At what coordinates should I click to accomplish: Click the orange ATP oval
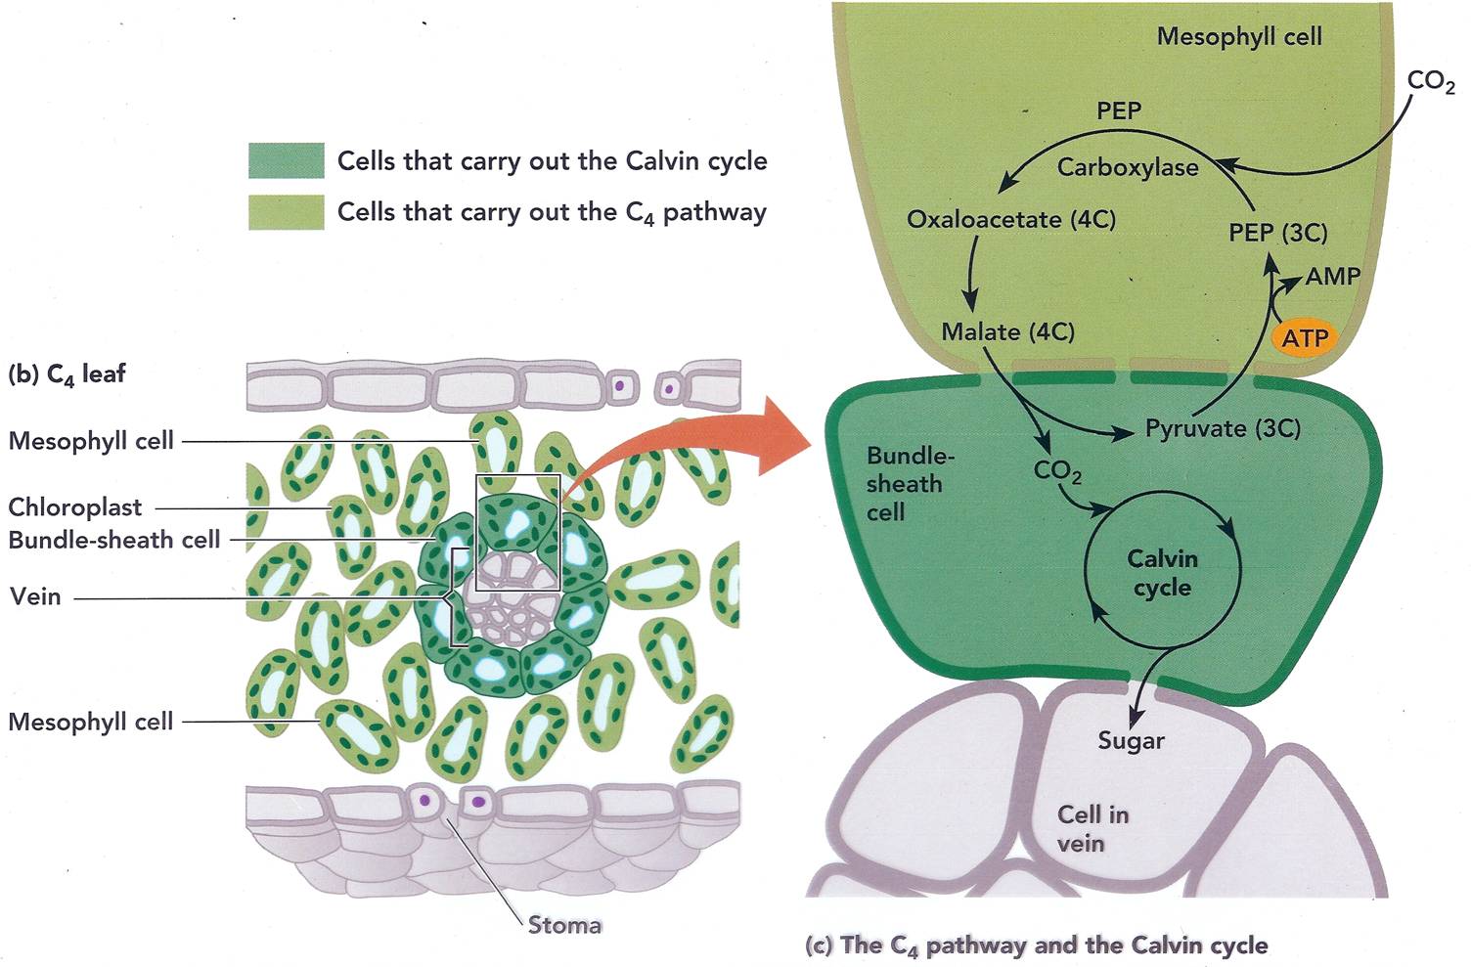tap(1305, 338)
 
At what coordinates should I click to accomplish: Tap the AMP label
tap(1332, 277)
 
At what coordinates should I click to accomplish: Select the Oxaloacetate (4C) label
tap(1010, 219)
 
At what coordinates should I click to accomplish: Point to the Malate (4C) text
tap(1007, 332)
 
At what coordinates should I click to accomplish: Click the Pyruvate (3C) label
tap(1222, 428)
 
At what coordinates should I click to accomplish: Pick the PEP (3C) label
tap(1277, 233)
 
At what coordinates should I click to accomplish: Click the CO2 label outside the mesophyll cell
tap(1430, 82)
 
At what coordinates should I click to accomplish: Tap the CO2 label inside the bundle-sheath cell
tap(1056, 471)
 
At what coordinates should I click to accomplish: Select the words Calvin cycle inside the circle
tap(1162, 573)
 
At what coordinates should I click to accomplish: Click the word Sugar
tap(1131, 740)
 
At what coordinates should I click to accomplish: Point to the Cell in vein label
tap(1092, 828)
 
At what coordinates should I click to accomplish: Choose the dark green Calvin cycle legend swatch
tap(286, 161)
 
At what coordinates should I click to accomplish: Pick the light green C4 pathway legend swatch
tap(286, 212)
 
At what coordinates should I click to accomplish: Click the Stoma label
tap(564, 924)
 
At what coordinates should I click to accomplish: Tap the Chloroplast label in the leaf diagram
tap(74, 507)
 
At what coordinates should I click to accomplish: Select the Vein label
tap(35, 596)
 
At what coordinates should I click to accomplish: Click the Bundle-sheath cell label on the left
tap(113, 540)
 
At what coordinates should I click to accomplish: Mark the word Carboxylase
tap(1127, 167)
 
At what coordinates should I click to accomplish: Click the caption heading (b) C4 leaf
tap(67, 374)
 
